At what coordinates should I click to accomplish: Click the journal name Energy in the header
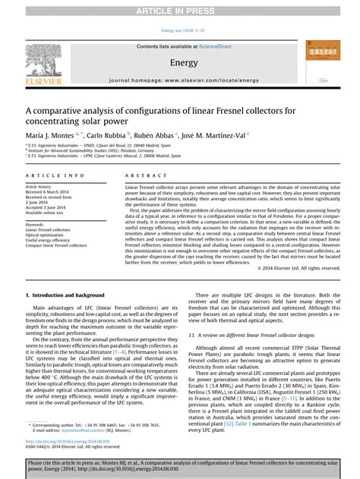pyautogui.click(x=184, y=63)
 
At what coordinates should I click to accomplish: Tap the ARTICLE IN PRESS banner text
pyautogui.click(x=180, y=8)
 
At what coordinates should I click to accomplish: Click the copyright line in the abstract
pyautogui.click(x=298, y=268)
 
